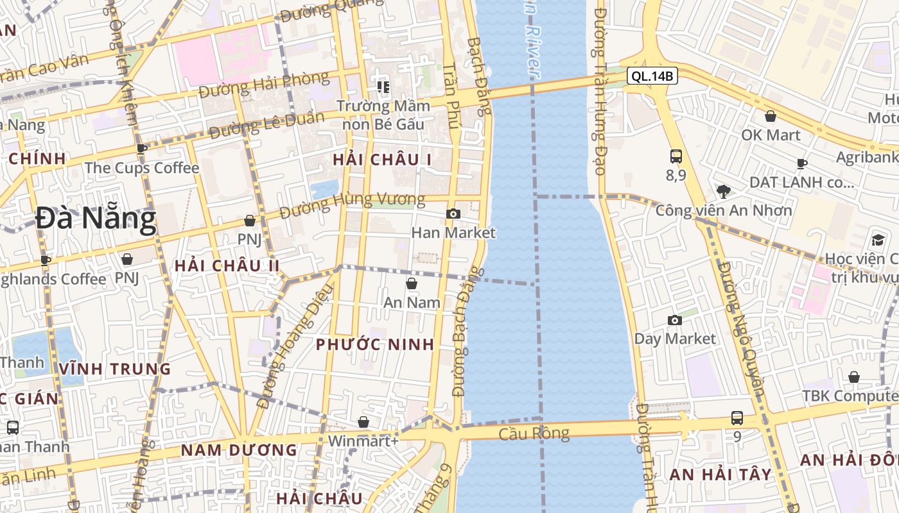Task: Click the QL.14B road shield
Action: coord(652,76)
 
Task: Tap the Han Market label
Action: coord(453,233)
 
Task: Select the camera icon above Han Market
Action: coord(453,214)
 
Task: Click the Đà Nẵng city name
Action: coord(96,219)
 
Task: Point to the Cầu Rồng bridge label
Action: coord(534,433)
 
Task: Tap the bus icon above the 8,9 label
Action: coord(676,156)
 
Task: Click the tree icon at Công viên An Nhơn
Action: coord(723,191)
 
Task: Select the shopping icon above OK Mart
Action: coord(770,116)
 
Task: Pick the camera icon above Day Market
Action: coord(674,320)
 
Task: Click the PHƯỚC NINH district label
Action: coord(375,344)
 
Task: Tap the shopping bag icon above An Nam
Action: coord(412,283)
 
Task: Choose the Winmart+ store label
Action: coord(363,441)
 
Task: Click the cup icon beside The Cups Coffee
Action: coord(142,149)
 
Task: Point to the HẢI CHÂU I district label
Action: coord(382,160)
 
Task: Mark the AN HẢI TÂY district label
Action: coord(720,475)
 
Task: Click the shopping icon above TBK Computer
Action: coord(854,377)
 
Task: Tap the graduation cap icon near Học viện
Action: coord(877,240)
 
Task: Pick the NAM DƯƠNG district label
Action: coord(239,450)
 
